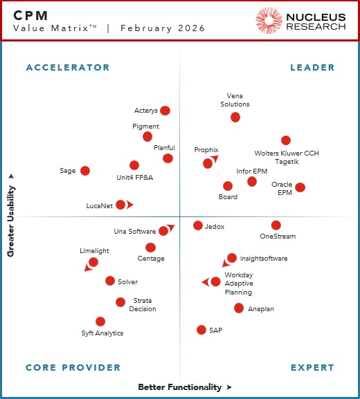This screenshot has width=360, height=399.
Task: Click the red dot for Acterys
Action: tap(165, 111)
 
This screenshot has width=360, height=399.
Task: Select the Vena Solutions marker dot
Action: tap(235, 118)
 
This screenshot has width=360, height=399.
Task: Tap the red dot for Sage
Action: tap(85, 171)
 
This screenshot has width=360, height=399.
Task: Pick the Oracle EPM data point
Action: tap(300, 187)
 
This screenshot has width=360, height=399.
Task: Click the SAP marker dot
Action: tap(201, 330)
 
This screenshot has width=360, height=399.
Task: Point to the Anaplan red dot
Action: tap(239, 308)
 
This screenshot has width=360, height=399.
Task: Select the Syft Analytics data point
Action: tap(100, 322)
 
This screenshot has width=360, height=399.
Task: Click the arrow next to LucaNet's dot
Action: tap(129, 205)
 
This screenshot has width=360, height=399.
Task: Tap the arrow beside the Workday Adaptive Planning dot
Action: tap(205, 282)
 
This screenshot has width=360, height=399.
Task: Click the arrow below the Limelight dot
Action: tap(87, 268)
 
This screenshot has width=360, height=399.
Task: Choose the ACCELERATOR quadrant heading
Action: tap(68, 68)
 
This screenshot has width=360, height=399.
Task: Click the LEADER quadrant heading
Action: tap(312, 68)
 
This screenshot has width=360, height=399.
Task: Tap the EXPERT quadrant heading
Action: tap(312, 368)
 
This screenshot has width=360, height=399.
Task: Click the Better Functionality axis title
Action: tap(180, 387)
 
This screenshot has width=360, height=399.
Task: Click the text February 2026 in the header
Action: tap(163, 28)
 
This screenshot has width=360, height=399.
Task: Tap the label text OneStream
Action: tap(278, 236)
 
